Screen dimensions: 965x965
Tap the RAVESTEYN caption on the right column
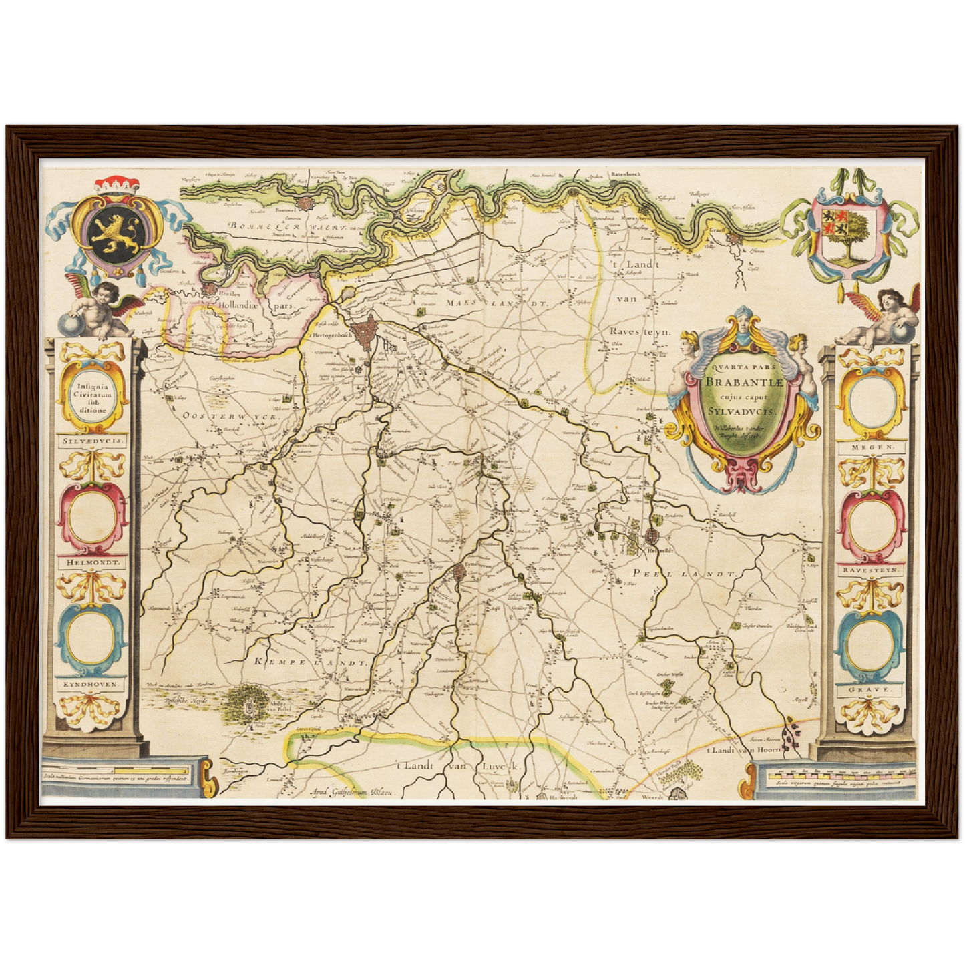click(870, 571)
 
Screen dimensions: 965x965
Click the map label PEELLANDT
click(684, 574)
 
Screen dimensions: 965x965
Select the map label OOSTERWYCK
click(230, 415)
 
